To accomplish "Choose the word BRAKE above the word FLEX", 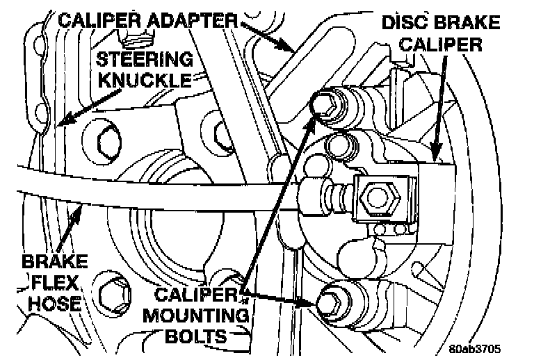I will [x=54, y=262].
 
